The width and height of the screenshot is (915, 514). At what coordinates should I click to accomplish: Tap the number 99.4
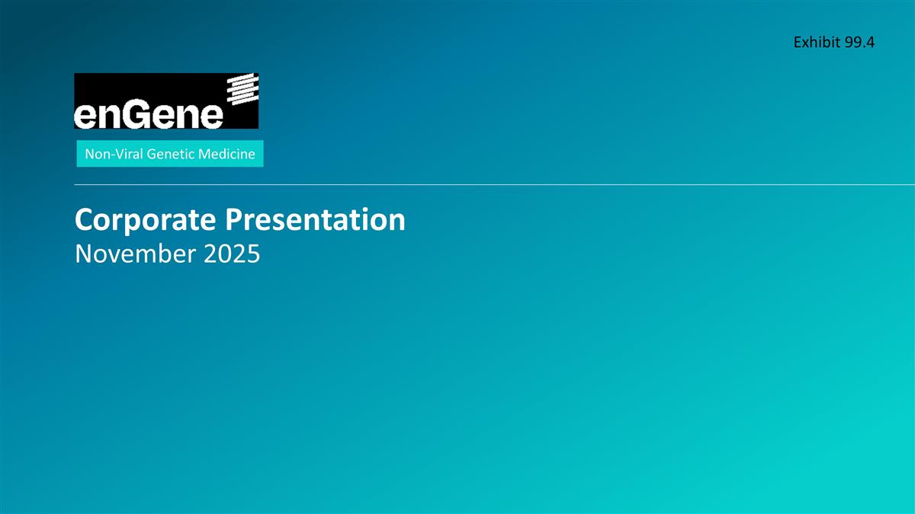click(x=859, y=43)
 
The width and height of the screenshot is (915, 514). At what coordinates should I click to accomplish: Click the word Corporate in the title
click(x=145, y=221)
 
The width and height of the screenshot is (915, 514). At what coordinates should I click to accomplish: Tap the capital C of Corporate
click(x=84, y=221)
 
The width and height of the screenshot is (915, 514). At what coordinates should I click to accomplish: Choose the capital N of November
click(x=84, y=254)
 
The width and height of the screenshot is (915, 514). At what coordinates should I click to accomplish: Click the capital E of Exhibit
click(x=798, y=43)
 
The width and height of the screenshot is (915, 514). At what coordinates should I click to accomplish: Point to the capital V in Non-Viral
click(x=114, y=155)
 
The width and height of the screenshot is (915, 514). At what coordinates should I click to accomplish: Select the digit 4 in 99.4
click(x=869, y=43)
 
